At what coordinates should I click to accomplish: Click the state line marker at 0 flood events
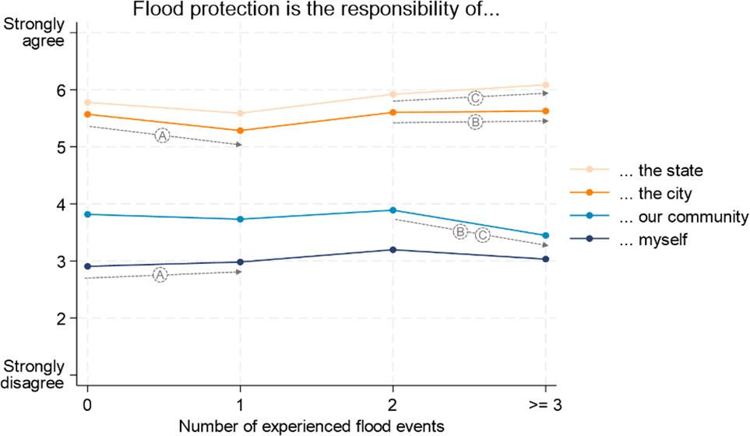(x=87, y=103)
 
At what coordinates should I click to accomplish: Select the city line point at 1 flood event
(x=240, y=131)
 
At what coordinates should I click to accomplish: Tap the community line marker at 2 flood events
(x=393, y=210)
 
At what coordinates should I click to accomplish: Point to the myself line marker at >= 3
(x=546, y=259)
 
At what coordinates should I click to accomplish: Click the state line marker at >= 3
(x=546, y=85)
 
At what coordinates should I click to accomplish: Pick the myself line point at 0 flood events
(x=87, y=266)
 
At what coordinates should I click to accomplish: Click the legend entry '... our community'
(x=682, y=216)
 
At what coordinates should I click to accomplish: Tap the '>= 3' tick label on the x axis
(x=545, y=406)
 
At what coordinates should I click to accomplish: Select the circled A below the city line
(x=162, y=135)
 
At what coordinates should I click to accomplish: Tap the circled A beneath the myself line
(x=160, y=275)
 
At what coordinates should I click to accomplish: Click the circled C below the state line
(x=475, y=98)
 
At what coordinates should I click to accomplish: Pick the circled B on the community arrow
(x=460, y=232)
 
